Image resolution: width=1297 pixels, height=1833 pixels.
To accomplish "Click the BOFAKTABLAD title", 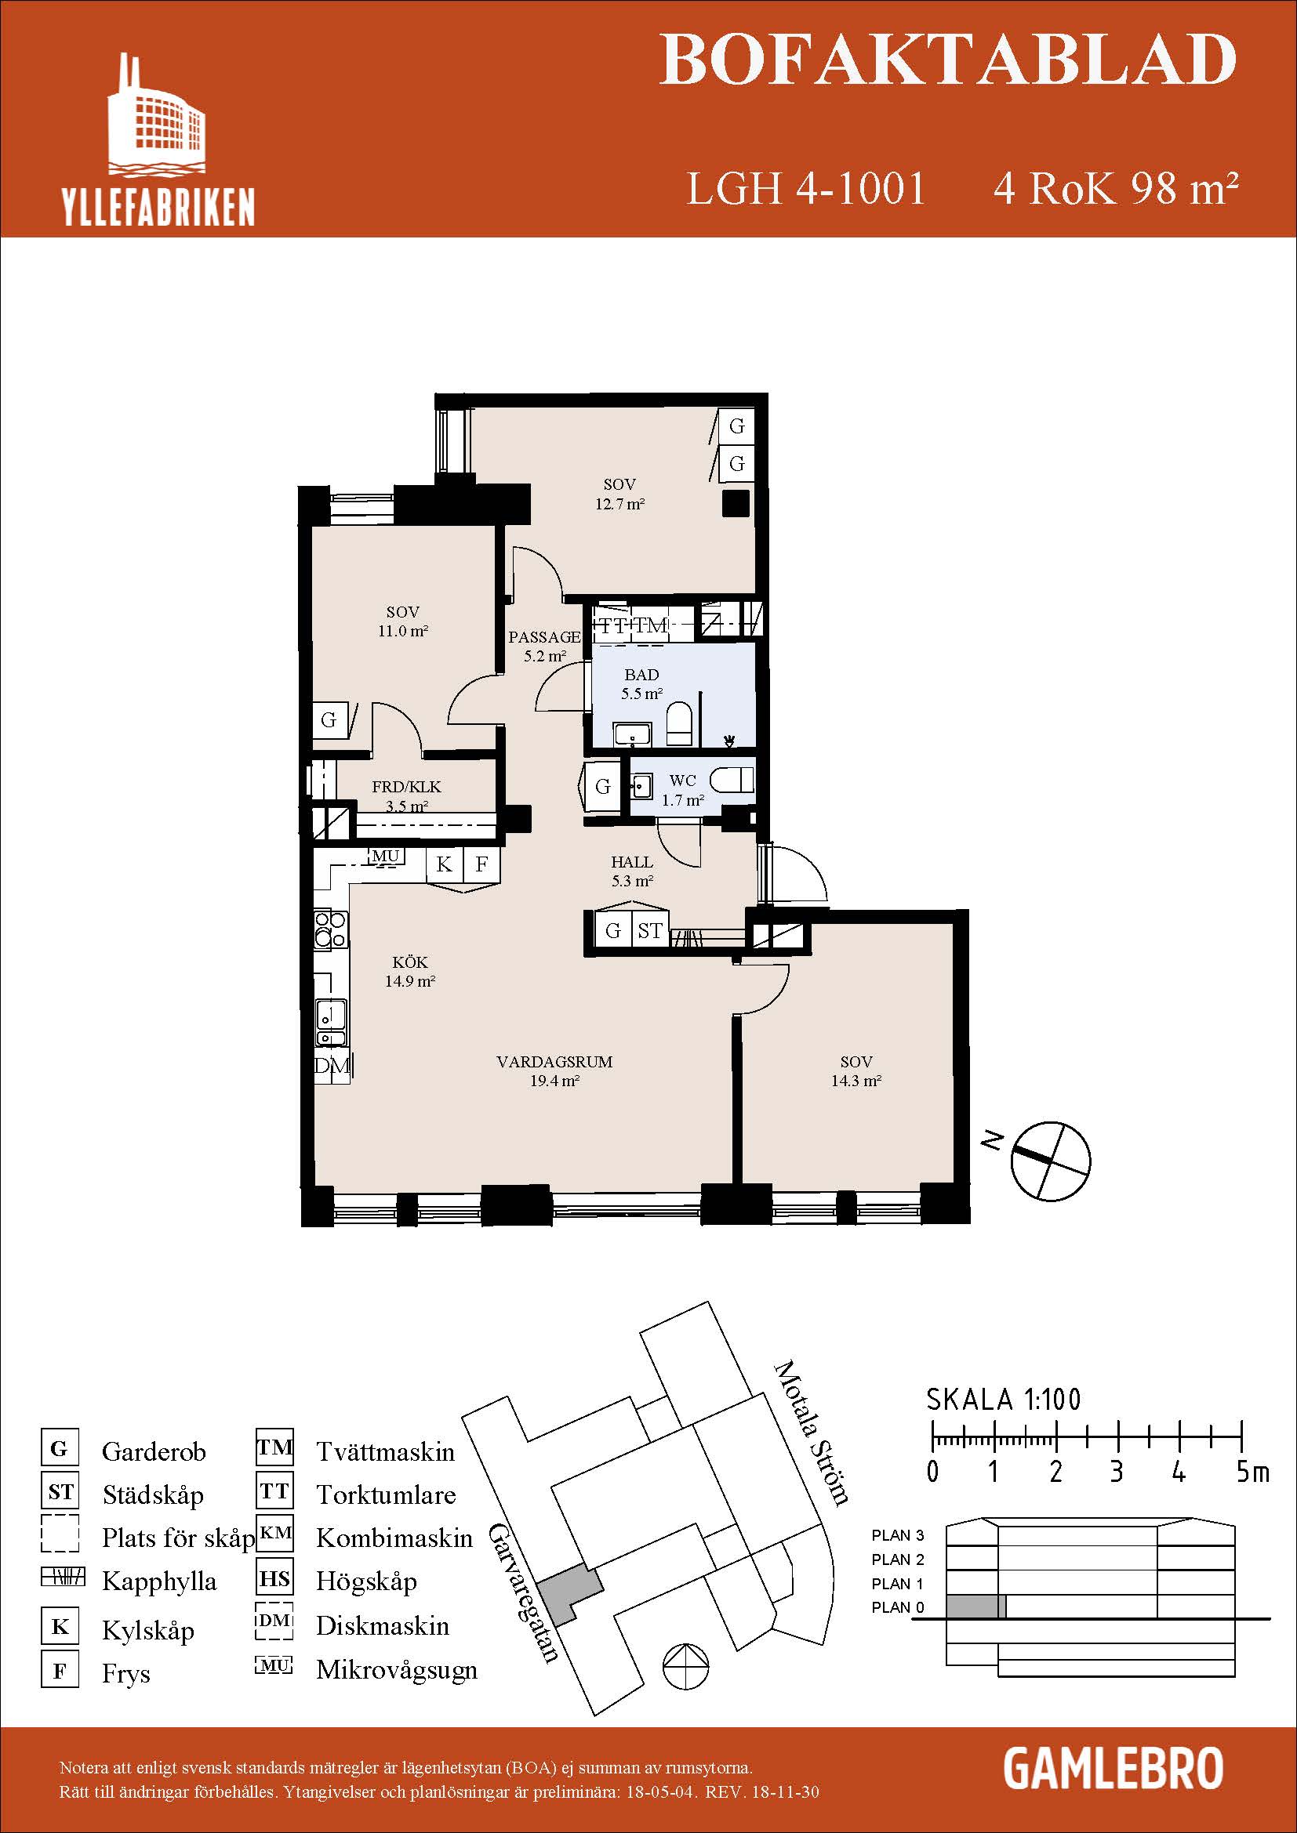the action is [x=948, y=60].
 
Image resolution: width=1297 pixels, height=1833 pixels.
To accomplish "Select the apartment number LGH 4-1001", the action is [x=806, y=189].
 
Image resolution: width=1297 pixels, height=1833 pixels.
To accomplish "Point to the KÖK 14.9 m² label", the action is [x=409, y=972].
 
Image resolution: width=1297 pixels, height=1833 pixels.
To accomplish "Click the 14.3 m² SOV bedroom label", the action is [x=856, y=1071].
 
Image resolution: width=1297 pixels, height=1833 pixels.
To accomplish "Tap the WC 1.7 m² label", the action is [x=683, y=791].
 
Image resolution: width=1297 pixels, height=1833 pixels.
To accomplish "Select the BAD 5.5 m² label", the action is [x=642, y=684].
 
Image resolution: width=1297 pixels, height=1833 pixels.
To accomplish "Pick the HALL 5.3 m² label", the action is [x=632, y=871].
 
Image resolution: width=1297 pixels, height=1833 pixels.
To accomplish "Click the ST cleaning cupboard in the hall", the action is [x=649, y=931].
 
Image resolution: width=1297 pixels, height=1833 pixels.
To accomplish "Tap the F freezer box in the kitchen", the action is [x=481, y=864].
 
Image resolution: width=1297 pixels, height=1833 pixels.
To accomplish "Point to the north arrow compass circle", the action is [x=1050, y=1161].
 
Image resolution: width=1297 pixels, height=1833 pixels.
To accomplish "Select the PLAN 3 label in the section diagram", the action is [x=898, y=1535].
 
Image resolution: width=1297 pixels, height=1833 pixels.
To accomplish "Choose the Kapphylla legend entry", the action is [x=159, y=1581].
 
